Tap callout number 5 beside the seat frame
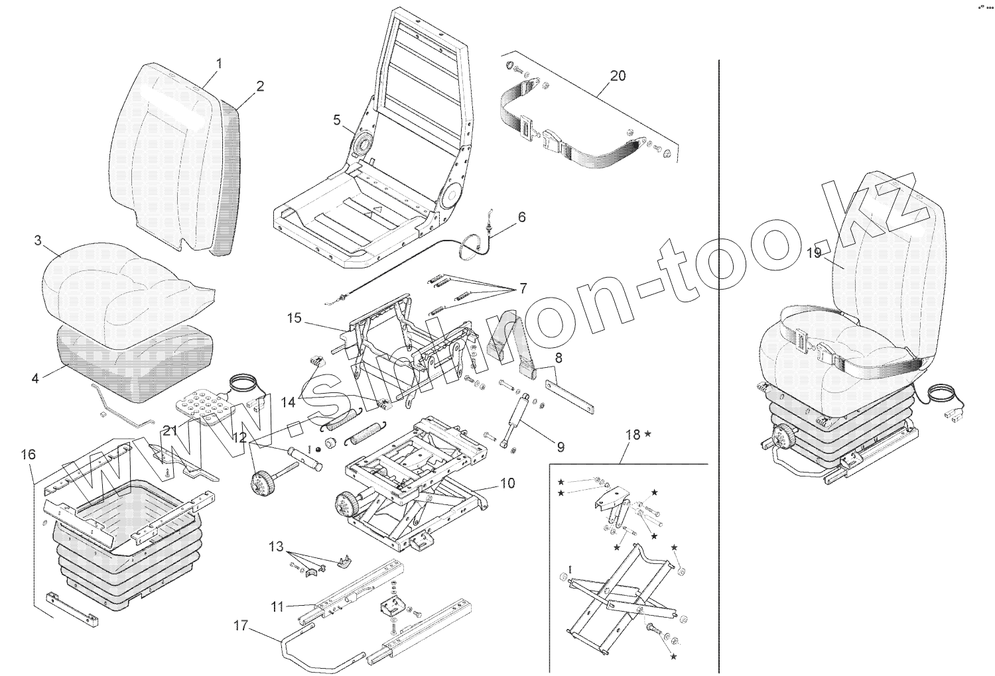336,120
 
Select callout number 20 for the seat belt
617,76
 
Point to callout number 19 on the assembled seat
814,253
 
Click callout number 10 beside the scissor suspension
507,483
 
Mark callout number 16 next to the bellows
28,455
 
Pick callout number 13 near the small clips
276,547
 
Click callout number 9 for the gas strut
561,447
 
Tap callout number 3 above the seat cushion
38,240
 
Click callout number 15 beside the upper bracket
295,318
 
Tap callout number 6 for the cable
521,217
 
